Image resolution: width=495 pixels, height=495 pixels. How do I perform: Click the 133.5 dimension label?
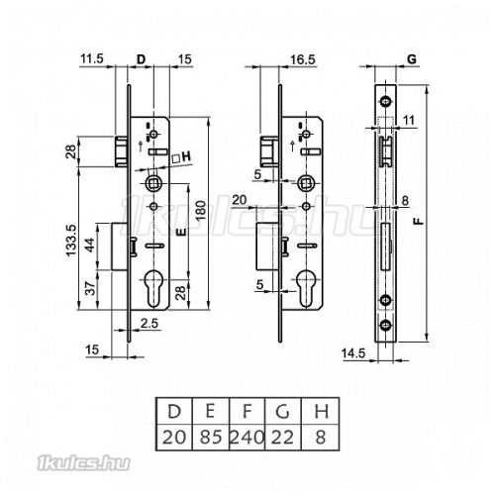point(70,241)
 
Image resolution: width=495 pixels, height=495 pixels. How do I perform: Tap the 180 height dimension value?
point(201,211)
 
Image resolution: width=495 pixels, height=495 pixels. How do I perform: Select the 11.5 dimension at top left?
point(92,59)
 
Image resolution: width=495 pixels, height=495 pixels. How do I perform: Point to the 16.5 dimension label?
point(303,59)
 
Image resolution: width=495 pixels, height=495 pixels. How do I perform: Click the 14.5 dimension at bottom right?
point(353,353)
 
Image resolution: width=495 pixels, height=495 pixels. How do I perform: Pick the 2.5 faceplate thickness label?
point(149,324)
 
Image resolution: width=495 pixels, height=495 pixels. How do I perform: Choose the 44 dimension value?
point(90,245)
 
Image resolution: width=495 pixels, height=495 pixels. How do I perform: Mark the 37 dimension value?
point(91,288)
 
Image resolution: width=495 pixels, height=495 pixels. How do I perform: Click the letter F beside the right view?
point(419,221)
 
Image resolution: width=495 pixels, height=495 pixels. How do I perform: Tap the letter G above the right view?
point(412,59)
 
